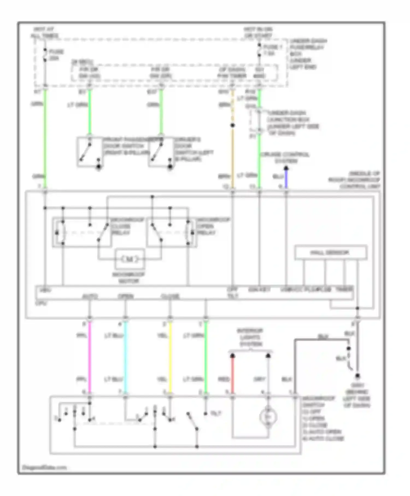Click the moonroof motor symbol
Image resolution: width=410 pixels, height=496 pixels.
130,259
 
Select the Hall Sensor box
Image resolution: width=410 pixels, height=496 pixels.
330,252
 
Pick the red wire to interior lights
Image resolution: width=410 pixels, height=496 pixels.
233,375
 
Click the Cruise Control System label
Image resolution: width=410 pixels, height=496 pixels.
285,158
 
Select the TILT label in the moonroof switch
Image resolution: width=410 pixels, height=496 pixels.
216,414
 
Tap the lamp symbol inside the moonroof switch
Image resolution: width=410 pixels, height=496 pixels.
268,417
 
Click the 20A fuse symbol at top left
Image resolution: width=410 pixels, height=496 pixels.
45,55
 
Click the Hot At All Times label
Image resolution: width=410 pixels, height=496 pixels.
46,32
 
